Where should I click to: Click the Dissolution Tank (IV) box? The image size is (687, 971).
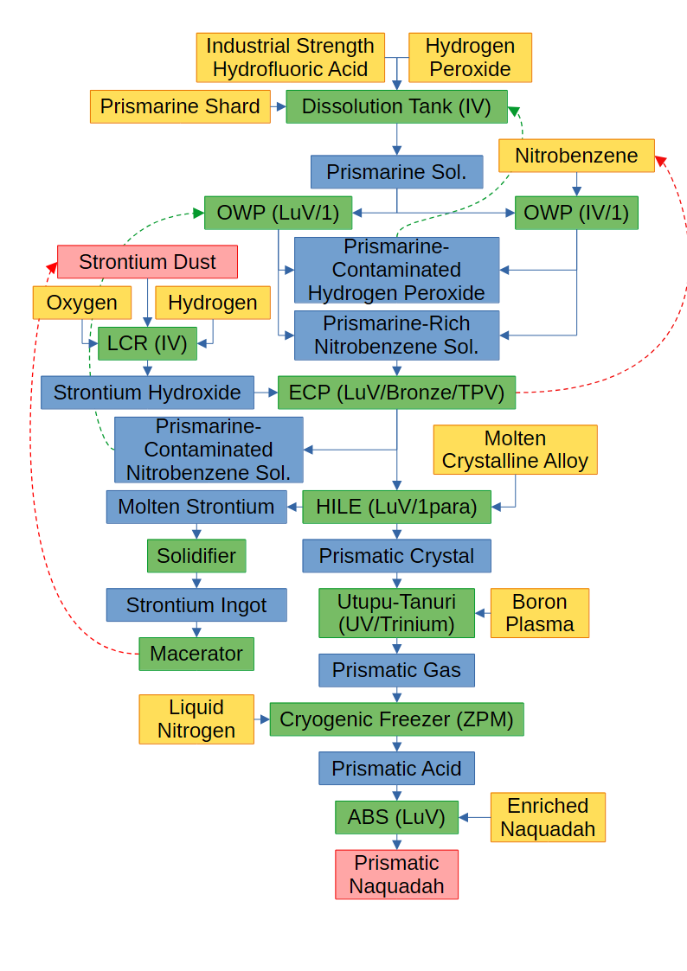(396, 106)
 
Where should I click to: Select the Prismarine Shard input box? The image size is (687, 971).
(180, 106)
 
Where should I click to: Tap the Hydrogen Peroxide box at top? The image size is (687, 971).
(470, 58)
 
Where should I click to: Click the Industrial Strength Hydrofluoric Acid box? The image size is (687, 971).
(290, 58)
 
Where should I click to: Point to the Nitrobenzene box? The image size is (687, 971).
(576, 156)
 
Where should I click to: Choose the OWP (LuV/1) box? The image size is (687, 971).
(278, 213)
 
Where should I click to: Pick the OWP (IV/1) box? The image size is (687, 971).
(576, 213)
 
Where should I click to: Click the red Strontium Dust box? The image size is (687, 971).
(147, 262)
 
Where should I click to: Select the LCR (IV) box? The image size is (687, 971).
(147, 343)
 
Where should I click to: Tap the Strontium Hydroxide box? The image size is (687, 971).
(147, 393)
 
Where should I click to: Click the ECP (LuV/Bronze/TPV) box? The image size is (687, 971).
(396, 393)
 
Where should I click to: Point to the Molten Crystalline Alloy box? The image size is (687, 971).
(515, 450)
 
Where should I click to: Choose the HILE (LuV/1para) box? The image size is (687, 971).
(396, 507)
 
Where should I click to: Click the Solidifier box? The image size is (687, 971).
(196, 556)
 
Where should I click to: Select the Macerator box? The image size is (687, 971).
(196, 654)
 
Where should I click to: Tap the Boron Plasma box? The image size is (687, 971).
(539, 613)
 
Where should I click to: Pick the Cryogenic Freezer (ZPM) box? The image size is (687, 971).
(396, 719)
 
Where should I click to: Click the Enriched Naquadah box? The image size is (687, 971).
(548, 817)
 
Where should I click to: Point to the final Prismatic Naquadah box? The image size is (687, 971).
(396, 874)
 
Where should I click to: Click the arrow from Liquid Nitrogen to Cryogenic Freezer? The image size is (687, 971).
(262, 719)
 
